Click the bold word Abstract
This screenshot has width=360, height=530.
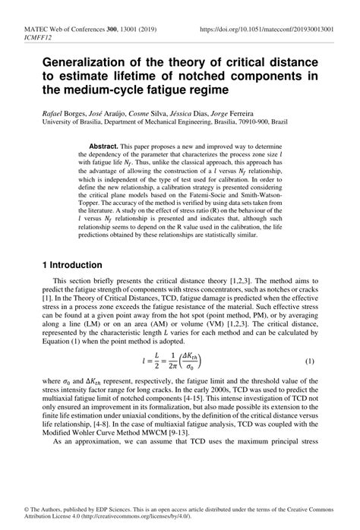[x=103, y=144]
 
